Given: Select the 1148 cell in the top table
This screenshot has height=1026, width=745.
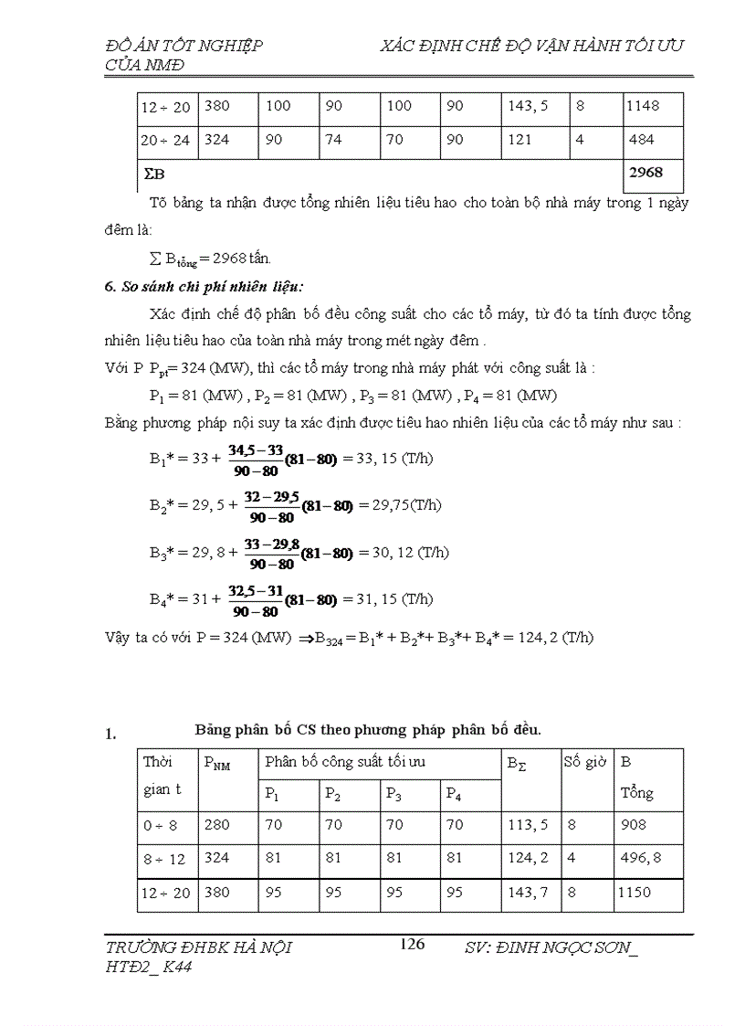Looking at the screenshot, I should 643,106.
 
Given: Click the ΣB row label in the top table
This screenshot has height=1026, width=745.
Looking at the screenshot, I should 153,173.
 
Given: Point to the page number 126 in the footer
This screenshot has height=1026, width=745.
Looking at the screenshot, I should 413,945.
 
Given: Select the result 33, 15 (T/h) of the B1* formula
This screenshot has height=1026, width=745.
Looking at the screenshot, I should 388,459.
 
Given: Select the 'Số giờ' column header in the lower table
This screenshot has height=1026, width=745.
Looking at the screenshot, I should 585,762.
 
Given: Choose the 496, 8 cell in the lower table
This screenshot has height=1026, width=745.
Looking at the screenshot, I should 642,858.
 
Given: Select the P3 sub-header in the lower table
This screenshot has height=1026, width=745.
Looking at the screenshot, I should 394,793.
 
